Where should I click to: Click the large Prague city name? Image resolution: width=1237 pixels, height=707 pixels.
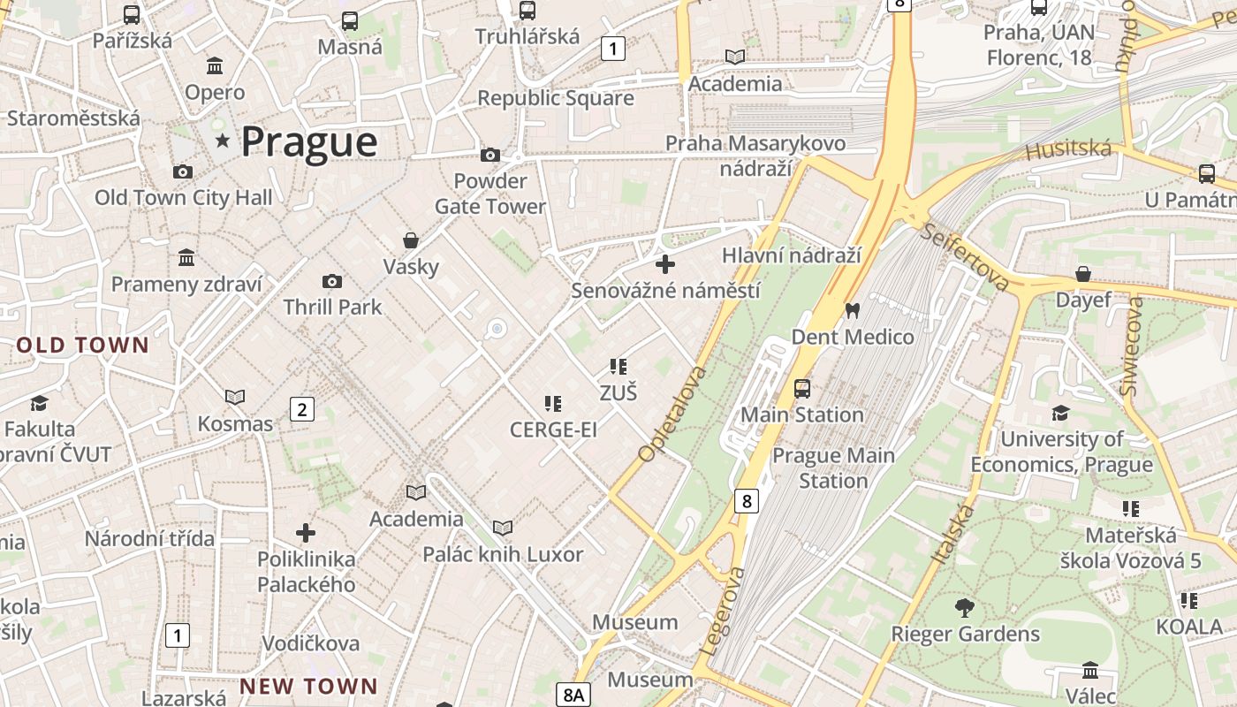[x=308, y=142]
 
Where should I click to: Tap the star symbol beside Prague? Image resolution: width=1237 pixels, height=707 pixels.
[x=222, y=141]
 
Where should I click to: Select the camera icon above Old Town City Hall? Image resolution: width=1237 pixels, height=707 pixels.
[x=183, y=171]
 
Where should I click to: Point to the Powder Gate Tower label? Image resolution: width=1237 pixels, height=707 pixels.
[x=490, y=194]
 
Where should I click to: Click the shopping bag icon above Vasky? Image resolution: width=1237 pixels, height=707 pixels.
[x=411, y=239]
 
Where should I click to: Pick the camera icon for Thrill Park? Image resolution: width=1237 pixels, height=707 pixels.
[x=332, y=281]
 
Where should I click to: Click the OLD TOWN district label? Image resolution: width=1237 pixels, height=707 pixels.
[x=83, y=345]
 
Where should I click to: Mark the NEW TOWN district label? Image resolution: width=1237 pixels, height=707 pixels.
[x=309, y=686]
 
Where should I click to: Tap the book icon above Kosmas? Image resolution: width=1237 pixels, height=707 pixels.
[x=235, y=398]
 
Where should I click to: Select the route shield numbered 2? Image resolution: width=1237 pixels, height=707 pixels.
[x=302, y=409]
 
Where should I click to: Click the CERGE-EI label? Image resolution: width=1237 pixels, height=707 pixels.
[x=553, y=430]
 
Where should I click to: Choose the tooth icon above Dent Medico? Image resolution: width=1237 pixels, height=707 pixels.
[x=853, y=310]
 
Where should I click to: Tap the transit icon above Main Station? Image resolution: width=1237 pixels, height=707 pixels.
[x=802, y=388]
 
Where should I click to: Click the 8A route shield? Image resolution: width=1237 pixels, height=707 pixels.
[x=573, y=695]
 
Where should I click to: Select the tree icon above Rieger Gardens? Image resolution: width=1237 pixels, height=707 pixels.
[x=965, y=607]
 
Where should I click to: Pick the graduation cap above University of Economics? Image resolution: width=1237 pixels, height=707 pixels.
[x=1060, y=413]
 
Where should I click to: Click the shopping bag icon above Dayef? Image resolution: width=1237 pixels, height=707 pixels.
[x=1083, y=274]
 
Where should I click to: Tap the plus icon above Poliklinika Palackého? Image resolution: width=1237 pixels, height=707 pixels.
[x=306, y=533]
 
